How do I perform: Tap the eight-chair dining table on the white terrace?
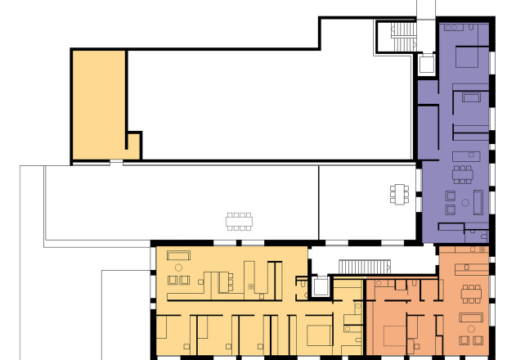(240, 221)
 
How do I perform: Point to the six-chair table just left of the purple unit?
(399, 194)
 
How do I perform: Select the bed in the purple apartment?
(469, 57)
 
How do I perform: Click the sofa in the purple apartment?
(478, 200)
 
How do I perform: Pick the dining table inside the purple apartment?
(463, 173)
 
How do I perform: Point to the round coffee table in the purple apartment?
(464, 201)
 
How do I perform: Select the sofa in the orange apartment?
(471, 317)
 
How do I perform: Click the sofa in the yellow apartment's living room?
(178, 255)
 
